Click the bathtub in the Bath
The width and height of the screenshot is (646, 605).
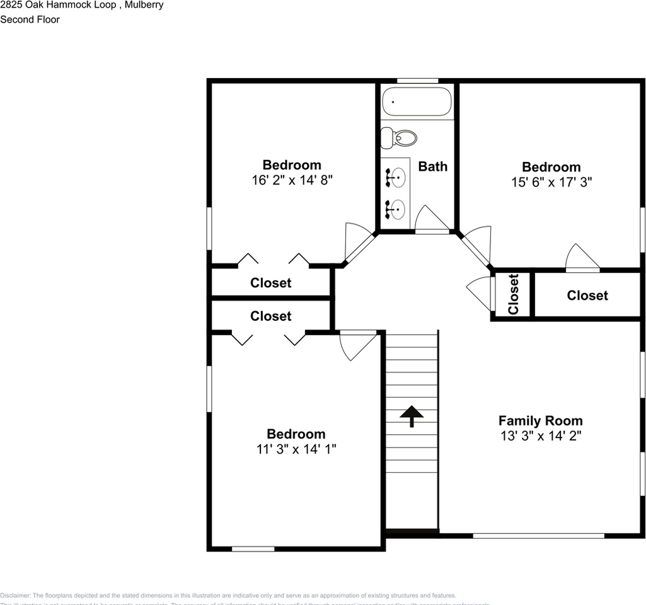pyautogui.click(x=417, y=101)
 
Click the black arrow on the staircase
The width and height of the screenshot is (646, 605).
pyautogui.click(x=412, y=416)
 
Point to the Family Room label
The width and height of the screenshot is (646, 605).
pyautogui.click(x=540, y=420)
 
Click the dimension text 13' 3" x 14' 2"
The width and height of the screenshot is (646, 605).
pyautogui.click(x=540, y=435)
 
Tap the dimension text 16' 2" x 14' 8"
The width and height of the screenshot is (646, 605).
pyautogui.click(x=292, y=180)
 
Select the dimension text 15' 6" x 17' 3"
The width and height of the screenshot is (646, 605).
pyautogui.click(x=551, y=182)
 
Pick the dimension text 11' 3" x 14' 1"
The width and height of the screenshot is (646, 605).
pyautogui.click(x=296, y=449)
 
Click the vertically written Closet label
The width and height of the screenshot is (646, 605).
pyautogui.click(x=513, y=294)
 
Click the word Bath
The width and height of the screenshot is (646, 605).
pyautogui.click(x=433, y=166)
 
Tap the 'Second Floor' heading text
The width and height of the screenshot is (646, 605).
pyautogui.click(x=30, y=20)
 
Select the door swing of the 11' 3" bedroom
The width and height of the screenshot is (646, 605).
pyautogui.click(x=355, y=345)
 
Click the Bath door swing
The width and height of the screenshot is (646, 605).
pyautogui.click(x=430, y=219)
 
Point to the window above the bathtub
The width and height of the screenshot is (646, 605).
pyautogui.click(x=417, y=81)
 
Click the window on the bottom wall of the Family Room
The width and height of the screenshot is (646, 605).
pyautogui.click(x=538, y=536)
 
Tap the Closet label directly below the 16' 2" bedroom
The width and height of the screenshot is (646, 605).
pyautogui.click(x=271, y=283)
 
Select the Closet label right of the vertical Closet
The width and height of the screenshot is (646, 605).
pyautogui.click(x=587, y=295)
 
